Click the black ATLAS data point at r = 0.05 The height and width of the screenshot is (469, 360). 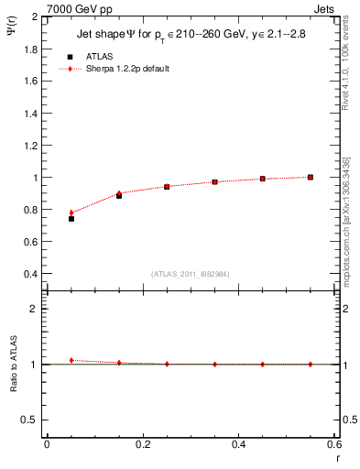tap(71, 219)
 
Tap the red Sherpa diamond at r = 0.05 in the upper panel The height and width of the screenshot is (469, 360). tap(71, 213)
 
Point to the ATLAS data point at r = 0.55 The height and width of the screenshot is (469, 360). tap(311, 177)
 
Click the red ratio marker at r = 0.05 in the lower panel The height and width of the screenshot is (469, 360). tap(71, 360)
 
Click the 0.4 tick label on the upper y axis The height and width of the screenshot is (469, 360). tap(30, 274)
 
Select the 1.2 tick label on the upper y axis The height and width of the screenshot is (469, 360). tap(30, 145)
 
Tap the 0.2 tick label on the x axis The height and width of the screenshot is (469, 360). tap(143, 444)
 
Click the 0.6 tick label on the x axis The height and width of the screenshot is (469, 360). tap(333, 444)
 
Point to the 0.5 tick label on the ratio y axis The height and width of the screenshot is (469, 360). tap(30, 420)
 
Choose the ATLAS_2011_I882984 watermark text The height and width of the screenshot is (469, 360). tap(191, 274)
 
